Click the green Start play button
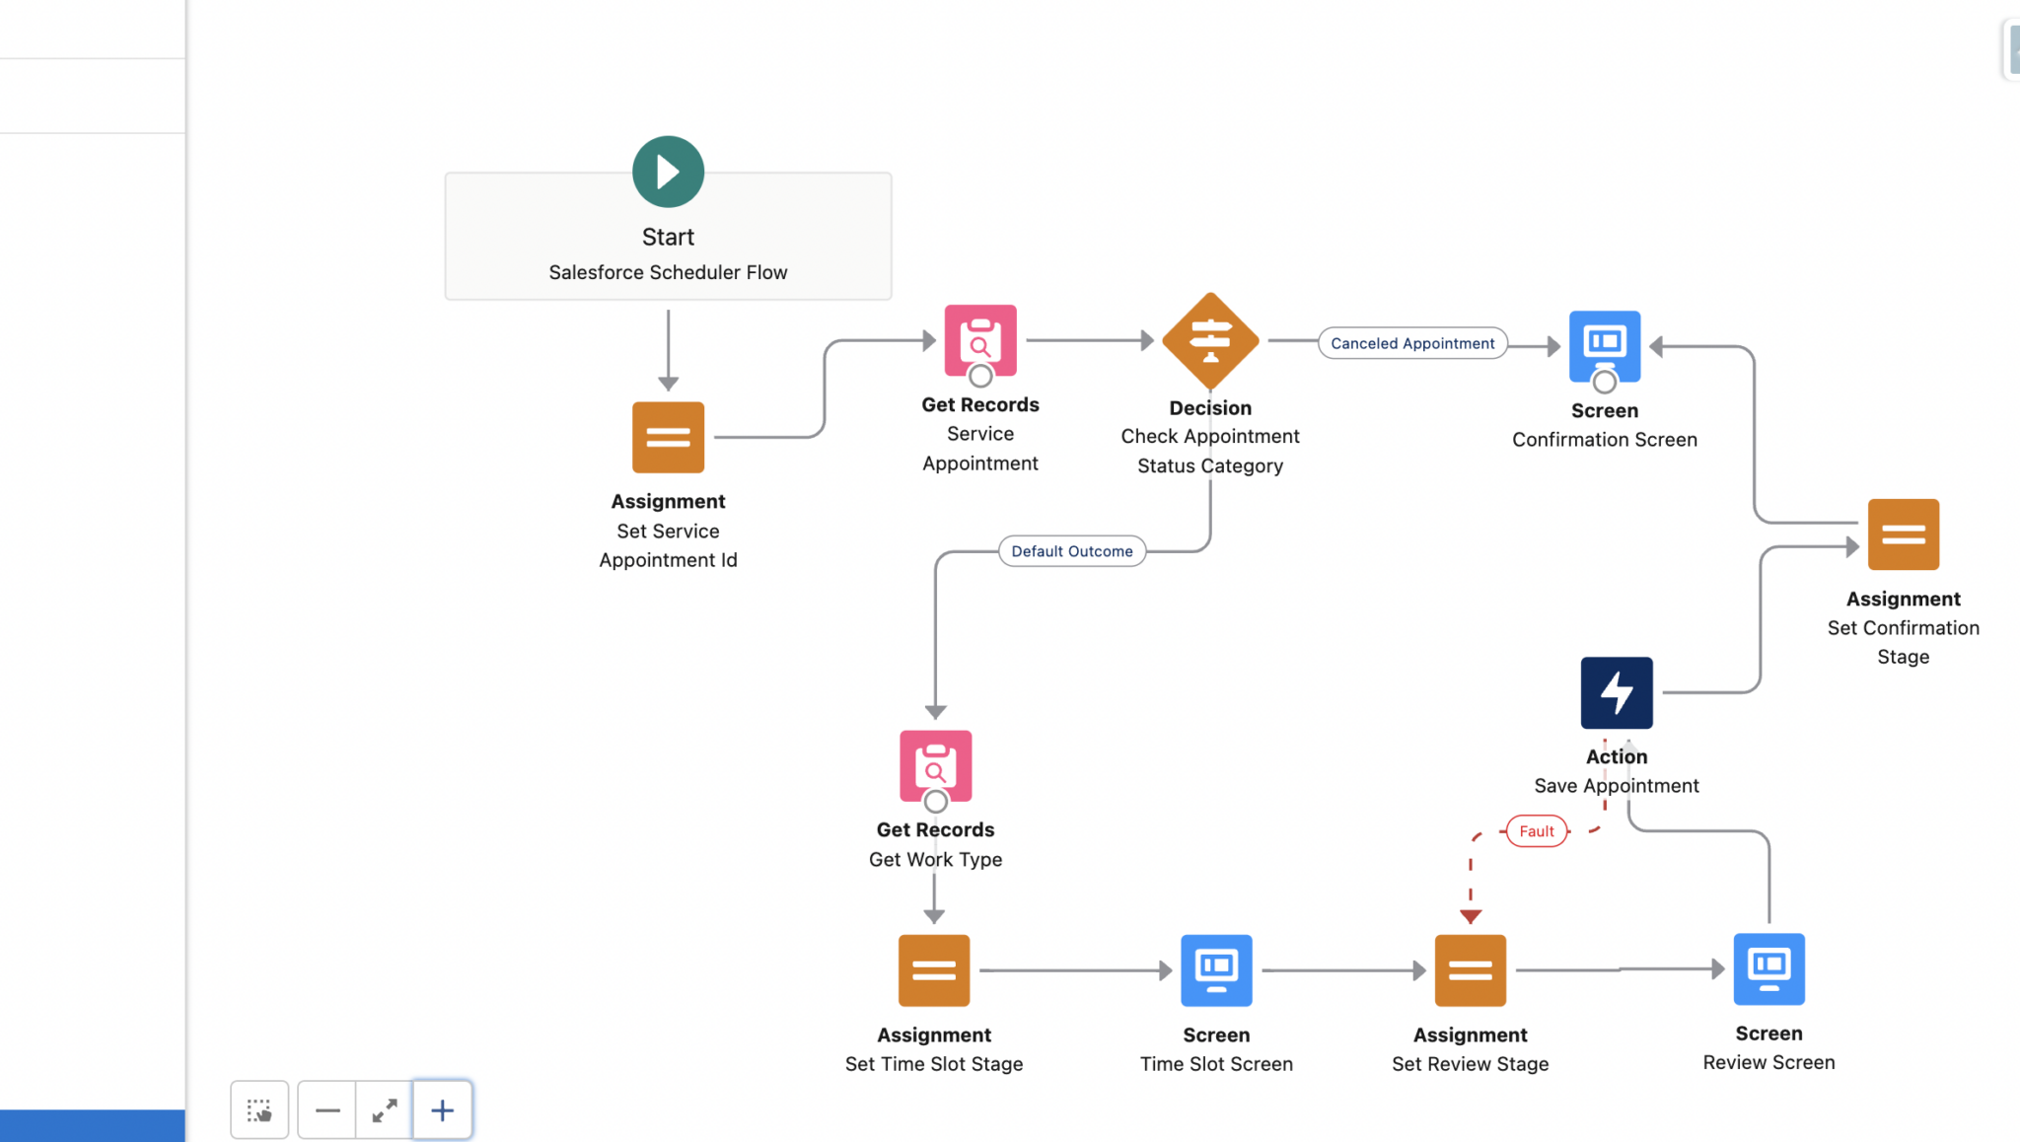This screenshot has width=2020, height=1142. coord(668,172)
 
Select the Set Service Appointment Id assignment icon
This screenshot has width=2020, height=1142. coord(668,437)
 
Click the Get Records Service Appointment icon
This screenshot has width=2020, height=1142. coord(979,340)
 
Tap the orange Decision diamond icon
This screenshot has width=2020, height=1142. coord(1210,341)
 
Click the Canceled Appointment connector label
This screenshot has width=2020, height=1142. coord(1411,343)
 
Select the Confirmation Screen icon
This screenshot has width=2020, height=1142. coord(1604,345)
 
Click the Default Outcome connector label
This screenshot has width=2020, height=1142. coord(1071,551)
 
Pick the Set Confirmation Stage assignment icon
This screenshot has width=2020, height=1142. coord(1903,535)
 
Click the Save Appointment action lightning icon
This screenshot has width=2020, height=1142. coord(1616,692)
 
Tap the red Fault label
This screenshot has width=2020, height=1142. coord(1536,831)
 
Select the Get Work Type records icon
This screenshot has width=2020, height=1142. coord(935,765)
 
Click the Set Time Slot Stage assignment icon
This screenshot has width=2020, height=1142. coord(933,970)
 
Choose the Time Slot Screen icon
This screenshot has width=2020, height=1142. coord(1216,970)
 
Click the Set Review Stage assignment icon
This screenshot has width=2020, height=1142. coord(1470,970)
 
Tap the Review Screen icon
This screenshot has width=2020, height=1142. coord(1768,968)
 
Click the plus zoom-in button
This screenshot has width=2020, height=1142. coord(442,1110)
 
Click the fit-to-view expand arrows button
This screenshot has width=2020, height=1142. coord(385,1110)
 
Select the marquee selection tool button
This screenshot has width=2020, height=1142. coord(259,1110)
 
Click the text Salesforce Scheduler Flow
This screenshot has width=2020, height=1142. coord(668,272)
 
